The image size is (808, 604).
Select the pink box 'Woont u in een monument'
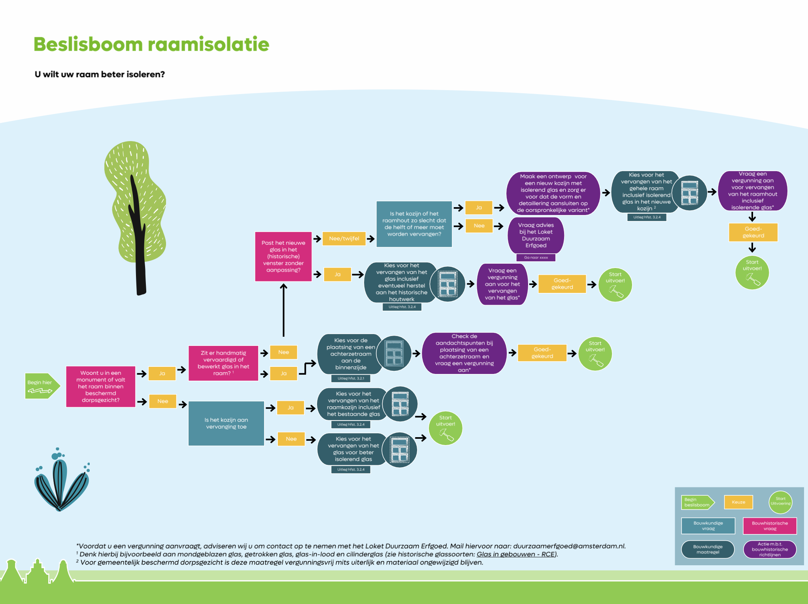point(100,386)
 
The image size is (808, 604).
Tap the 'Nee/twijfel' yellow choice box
point(344,238)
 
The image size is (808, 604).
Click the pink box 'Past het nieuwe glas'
point(283,257)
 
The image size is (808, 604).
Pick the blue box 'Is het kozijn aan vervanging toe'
point(226,423)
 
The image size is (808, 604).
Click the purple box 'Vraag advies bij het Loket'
point(536,235)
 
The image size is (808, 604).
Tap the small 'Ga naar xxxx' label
point(536,257)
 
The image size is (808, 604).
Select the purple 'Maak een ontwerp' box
point(553,193)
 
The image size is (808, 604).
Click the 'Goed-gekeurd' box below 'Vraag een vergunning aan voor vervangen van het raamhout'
point(753,232)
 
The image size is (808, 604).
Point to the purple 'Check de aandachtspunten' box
point(464,353)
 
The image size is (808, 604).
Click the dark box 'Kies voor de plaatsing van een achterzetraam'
point(350,354)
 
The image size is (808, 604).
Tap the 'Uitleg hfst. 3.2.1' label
point(351,378)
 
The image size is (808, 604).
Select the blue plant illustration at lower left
point(61,482)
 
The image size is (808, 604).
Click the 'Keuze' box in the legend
point(738,502)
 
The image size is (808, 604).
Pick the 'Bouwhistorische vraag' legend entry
point(770,526)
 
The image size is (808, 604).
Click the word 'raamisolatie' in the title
point(208,44)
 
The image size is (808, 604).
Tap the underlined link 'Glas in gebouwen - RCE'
point(515,554)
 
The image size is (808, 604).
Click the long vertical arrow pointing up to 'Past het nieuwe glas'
point(283,310)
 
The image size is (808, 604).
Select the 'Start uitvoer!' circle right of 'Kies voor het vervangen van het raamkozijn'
point(446,428)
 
